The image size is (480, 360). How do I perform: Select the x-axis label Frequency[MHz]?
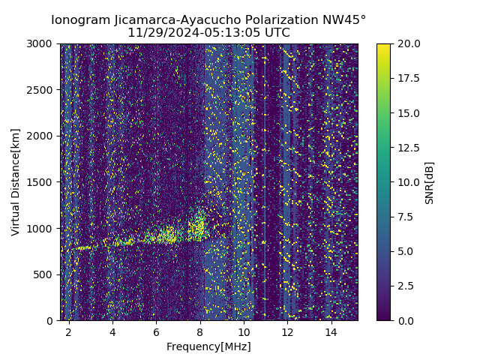point(208,346)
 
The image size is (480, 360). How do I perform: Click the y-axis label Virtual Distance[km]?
point(16,181)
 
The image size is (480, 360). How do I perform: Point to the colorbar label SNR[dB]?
point(430,182)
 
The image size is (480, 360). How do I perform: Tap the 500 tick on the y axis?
point(46,274)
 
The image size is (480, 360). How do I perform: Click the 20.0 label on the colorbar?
point(408,44)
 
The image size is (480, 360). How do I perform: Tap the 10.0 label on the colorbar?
point(408,182)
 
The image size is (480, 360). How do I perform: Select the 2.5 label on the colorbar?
point(406,286)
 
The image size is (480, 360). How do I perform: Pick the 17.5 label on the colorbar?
point(408,79)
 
